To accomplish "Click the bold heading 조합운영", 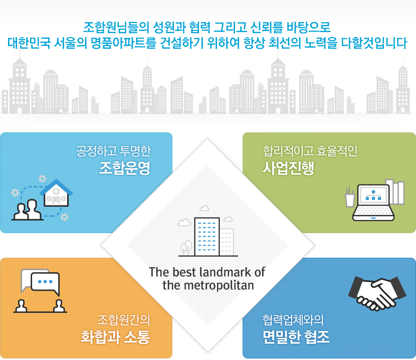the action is [125, 168].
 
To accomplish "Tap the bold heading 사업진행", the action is [288, 168].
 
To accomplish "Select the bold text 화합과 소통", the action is [115, 336].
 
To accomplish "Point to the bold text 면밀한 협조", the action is [296, 336].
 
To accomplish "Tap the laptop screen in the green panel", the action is [373, 195].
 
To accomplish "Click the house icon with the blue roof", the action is [56, 193].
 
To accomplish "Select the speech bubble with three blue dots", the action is [46, 283].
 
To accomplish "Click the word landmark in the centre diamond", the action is [225, 272].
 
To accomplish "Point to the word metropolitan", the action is [219, 285].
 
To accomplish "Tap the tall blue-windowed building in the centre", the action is [206, 237].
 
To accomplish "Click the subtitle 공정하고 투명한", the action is [114, 151].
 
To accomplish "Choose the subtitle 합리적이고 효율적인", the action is [310, 151].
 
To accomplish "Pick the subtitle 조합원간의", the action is [124, 320].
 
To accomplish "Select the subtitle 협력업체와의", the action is [293, 320].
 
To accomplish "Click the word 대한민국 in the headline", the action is [29, 43].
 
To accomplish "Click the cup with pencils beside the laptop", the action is [350, 197].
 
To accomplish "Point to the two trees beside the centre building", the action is [186, 247].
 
